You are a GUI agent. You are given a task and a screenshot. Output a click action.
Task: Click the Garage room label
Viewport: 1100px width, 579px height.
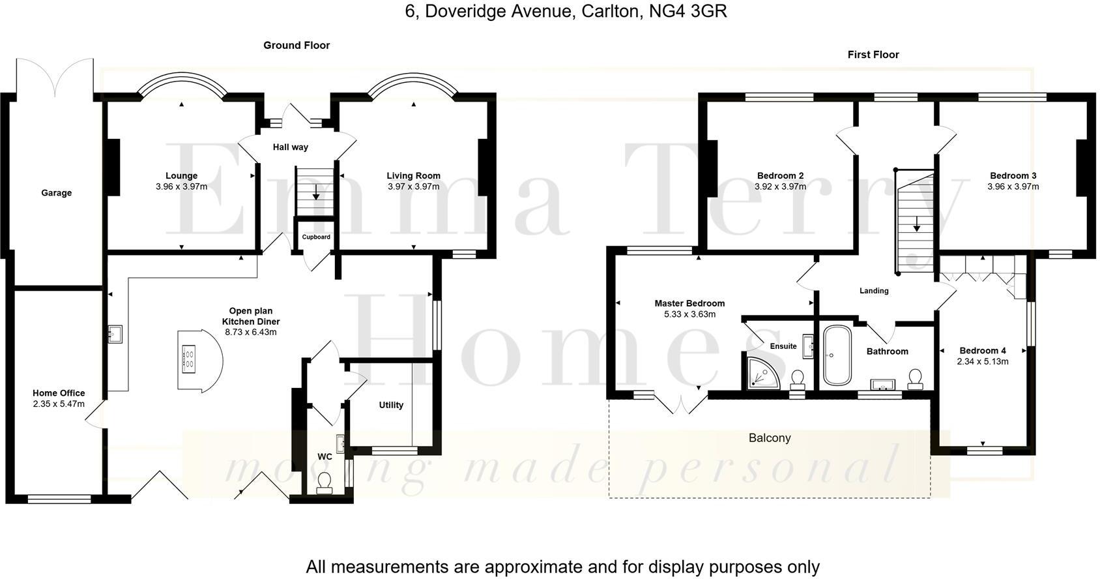coord(56,193)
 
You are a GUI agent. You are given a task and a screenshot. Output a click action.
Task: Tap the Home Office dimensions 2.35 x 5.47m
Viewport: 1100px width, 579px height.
coord(59,404)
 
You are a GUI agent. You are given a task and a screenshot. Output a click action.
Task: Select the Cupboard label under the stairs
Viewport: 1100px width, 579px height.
coord(316,237)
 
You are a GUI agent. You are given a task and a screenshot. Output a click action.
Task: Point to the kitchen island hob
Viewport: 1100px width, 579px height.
coord(189,358)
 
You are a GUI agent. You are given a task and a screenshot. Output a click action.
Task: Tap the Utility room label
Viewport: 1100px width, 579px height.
coord(391,405)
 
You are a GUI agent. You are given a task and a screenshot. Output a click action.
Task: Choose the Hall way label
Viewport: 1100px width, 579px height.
coord(290,147)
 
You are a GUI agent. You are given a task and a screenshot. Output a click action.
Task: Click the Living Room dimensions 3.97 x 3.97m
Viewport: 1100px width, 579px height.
coord(413,186)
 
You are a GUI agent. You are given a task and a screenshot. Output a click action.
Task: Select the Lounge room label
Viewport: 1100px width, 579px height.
coord(181,175)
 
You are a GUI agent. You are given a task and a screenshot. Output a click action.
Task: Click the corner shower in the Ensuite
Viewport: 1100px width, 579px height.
coord(759,372)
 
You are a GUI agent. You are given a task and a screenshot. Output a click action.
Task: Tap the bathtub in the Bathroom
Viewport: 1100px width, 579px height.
coord(835,355)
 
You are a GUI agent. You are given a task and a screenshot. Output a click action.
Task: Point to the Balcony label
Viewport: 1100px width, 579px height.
coord(769,438)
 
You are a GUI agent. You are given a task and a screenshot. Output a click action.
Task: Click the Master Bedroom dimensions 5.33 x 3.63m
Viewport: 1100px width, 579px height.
coord(689,314)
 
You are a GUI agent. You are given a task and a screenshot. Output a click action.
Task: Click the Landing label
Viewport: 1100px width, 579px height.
coord(874,291)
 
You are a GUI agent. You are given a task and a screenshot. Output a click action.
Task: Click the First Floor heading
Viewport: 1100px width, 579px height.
coord(873,55)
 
